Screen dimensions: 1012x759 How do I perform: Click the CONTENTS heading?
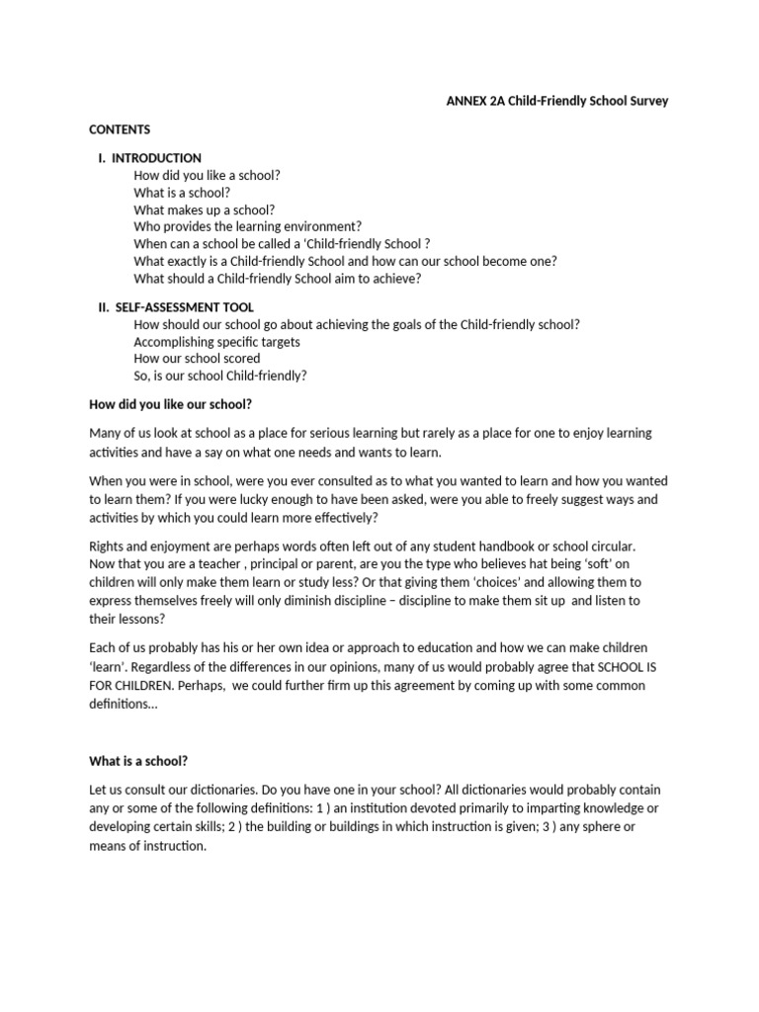click(120, 129)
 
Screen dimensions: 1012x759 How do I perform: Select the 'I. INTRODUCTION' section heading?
click(149, 158)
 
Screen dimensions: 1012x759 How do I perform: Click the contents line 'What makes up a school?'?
click(205, 210)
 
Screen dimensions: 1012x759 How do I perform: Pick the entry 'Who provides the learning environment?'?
click(248, 226)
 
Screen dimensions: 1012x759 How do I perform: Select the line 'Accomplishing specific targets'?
click(216, 342)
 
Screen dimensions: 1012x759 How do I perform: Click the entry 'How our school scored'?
click(197, 359)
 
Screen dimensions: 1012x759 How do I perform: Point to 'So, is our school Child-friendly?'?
click(220, 376)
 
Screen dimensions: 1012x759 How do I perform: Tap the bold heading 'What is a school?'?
click(138, 761)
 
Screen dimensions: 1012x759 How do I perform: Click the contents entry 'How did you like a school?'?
click(208, 175)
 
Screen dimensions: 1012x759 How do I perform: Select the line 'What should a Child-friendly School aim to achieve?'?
click(278, 278)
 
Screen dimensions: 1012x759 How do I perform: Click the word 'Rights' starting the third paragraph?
click(107, 547)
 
